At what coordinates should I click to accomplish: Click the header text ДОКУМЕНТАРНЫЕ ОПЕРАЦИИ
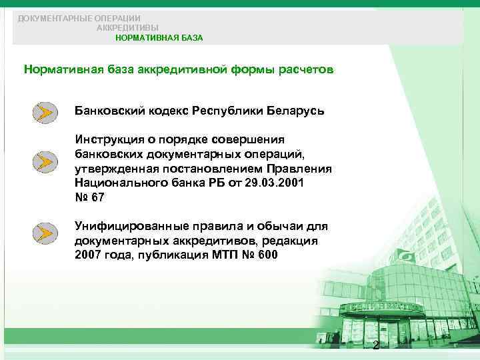[x=79, y=18]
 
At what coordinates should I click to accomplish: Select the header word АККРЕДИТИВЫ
[x=128, y=28]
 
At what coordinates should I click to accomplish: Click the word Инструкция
[x=110, y=139]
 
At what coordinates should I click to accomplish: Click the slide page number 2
[x=376, y=345]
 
